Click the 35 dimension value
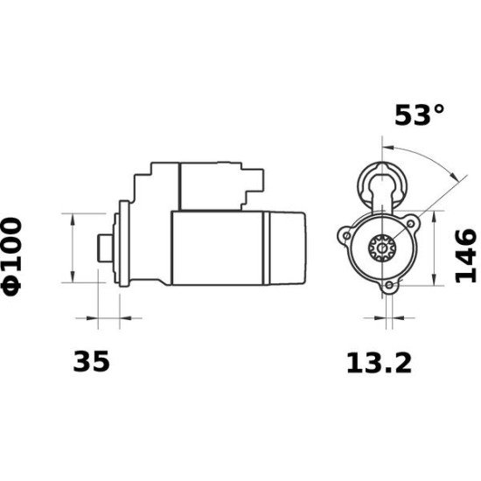pyautogui.click(x=93, y=361)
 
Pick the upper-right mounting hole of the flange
pyautogui.click(x=412, y=225)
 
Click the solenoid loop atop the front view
pyautogui.click(x=384, y=182)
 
